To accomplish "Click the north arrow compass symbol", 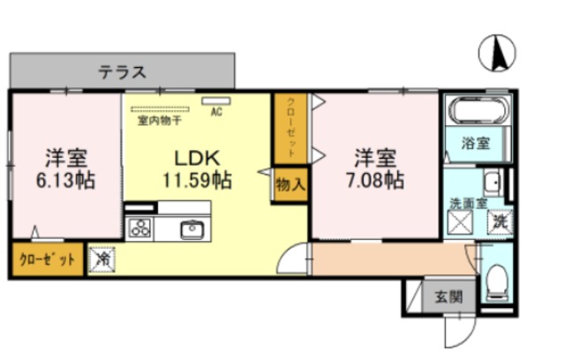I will click(497, 55).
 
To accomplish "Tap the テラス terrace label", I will click(122, 72).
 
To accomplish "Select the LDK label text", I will click(196, 159).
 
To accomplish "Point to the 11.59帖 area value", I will click(197, 181).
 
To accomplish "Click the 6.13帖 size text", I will click(65, 181).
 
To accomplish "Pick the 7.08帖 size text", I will click(374, 181).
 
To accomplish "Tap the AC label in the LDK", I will click(215, 112).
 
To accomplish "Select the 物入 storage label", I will click(290, 186).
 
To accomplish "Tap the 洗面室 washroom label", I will click(467, 201).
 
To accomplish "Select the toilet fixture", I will click(497, 281).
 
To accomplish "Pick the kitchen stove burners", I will click(140, 229).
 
